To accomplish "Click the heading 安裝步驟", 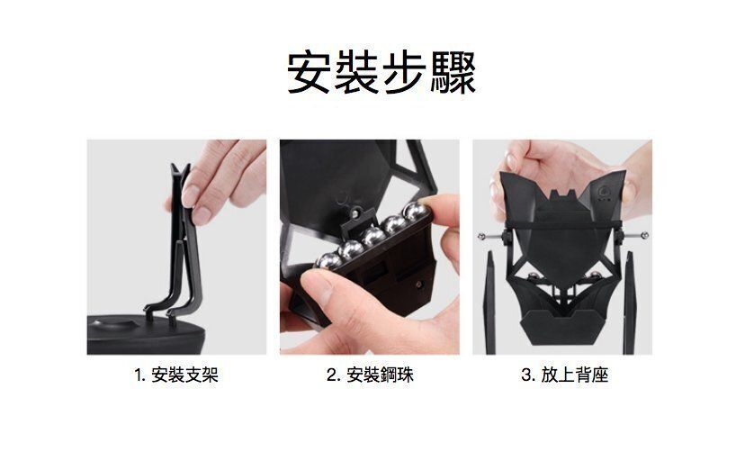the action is point(381,73).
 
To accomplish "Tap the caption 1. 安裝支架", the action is point(176,375).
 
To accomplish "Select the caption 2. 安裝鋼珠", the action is point(370,375).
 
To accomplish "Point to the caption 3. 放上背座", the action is point(564,375).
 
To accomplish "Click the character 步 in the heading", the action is point(405,73).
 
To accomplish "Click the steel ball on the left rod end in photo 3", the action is point(480,236).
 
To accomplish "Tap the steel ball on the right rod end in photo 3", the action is point(645,235).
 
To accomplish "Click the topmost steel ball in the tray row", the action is point(415,212).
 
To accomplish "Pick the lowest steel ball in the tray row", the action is point(328,261).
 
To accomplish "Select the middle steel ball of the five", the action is point(373,237).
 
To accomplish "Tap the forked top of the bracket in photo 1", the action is point(180,171).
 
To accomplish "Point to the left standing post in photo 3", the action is point(489,303).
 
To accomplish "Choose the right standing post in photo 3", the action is point(630,303).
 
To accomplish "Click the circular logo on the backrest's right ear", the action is point(605,191).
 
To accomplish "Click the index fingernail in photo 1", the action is point(191,194).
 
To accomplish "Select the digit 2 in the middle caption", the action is point(331,375).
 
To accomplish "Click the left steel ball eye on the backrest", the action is point(534,276).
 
